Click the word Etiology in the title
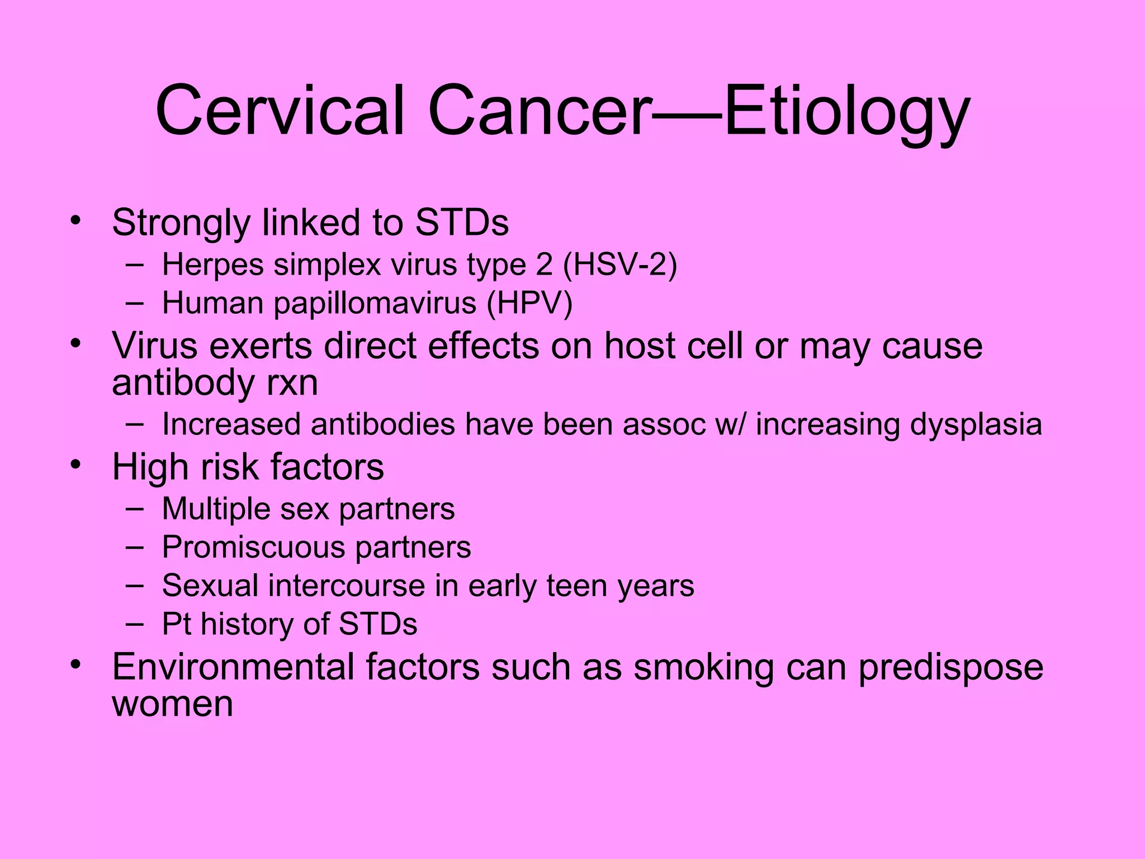click(x=846, y=112)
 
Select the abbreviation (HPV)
click(x=529, y=303)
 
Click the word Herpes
click(x=212, y=265)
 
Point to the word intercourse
click(x=347, y=586)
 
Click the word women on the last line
click(x=172, y=704)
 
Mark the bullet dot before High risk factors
click(x=76, y=465)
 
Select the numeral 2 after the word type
click(x=544, y=265)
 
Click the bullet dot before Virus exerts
click(x=76, y=343)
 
